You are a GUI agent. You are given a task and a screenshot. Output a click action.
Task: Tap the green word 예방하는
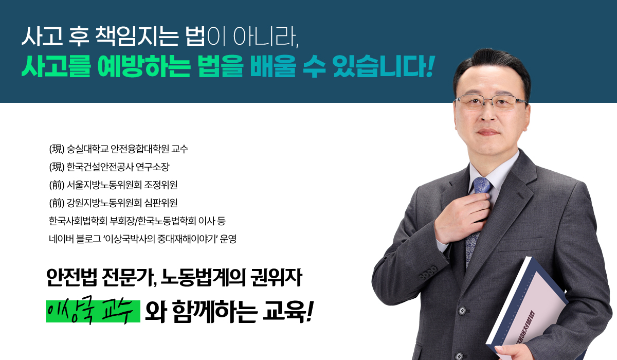[144, 67]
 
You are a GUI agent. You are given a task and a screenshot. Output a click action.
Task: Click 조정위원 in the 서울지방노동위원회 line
[161, 185]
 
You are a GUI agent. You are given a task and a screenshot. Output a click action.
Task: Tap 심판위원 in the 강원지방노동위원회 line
[161, 203]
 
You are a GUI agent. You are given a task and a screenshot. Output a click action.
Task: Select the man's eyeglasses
[491, 102]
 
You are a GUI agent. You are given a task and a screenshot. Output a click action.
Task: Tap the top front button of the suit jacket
[462, 311]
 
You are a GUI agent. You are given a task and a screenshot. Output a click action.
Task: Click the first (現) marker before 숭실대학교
[57, 149]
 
